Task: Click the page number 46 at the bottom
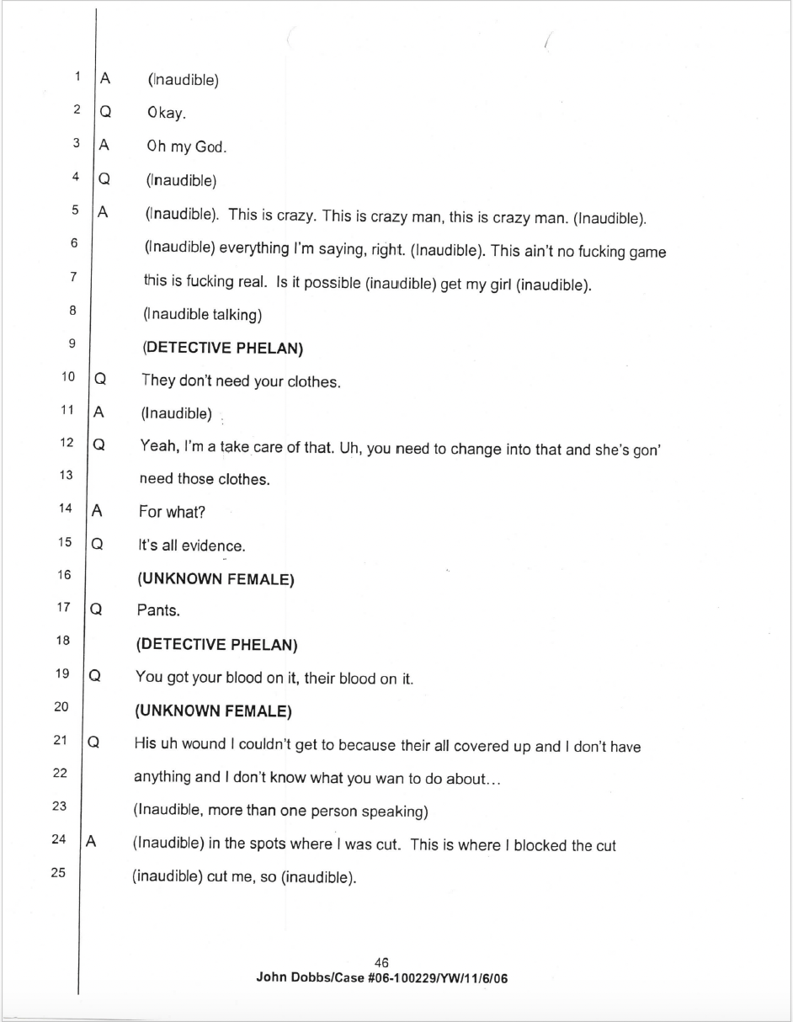pyautogui.click(x=381, y=963)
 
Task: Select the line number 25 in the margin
pyautogui.click(x=58, y=872)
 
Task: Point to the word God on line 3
pyautogui.click(x=210, y=146)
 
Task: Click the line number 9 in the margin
pyautogui.click(x=72, y=343)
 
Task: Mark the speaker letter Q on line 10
pyautogui.click(x=99, y=380)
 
